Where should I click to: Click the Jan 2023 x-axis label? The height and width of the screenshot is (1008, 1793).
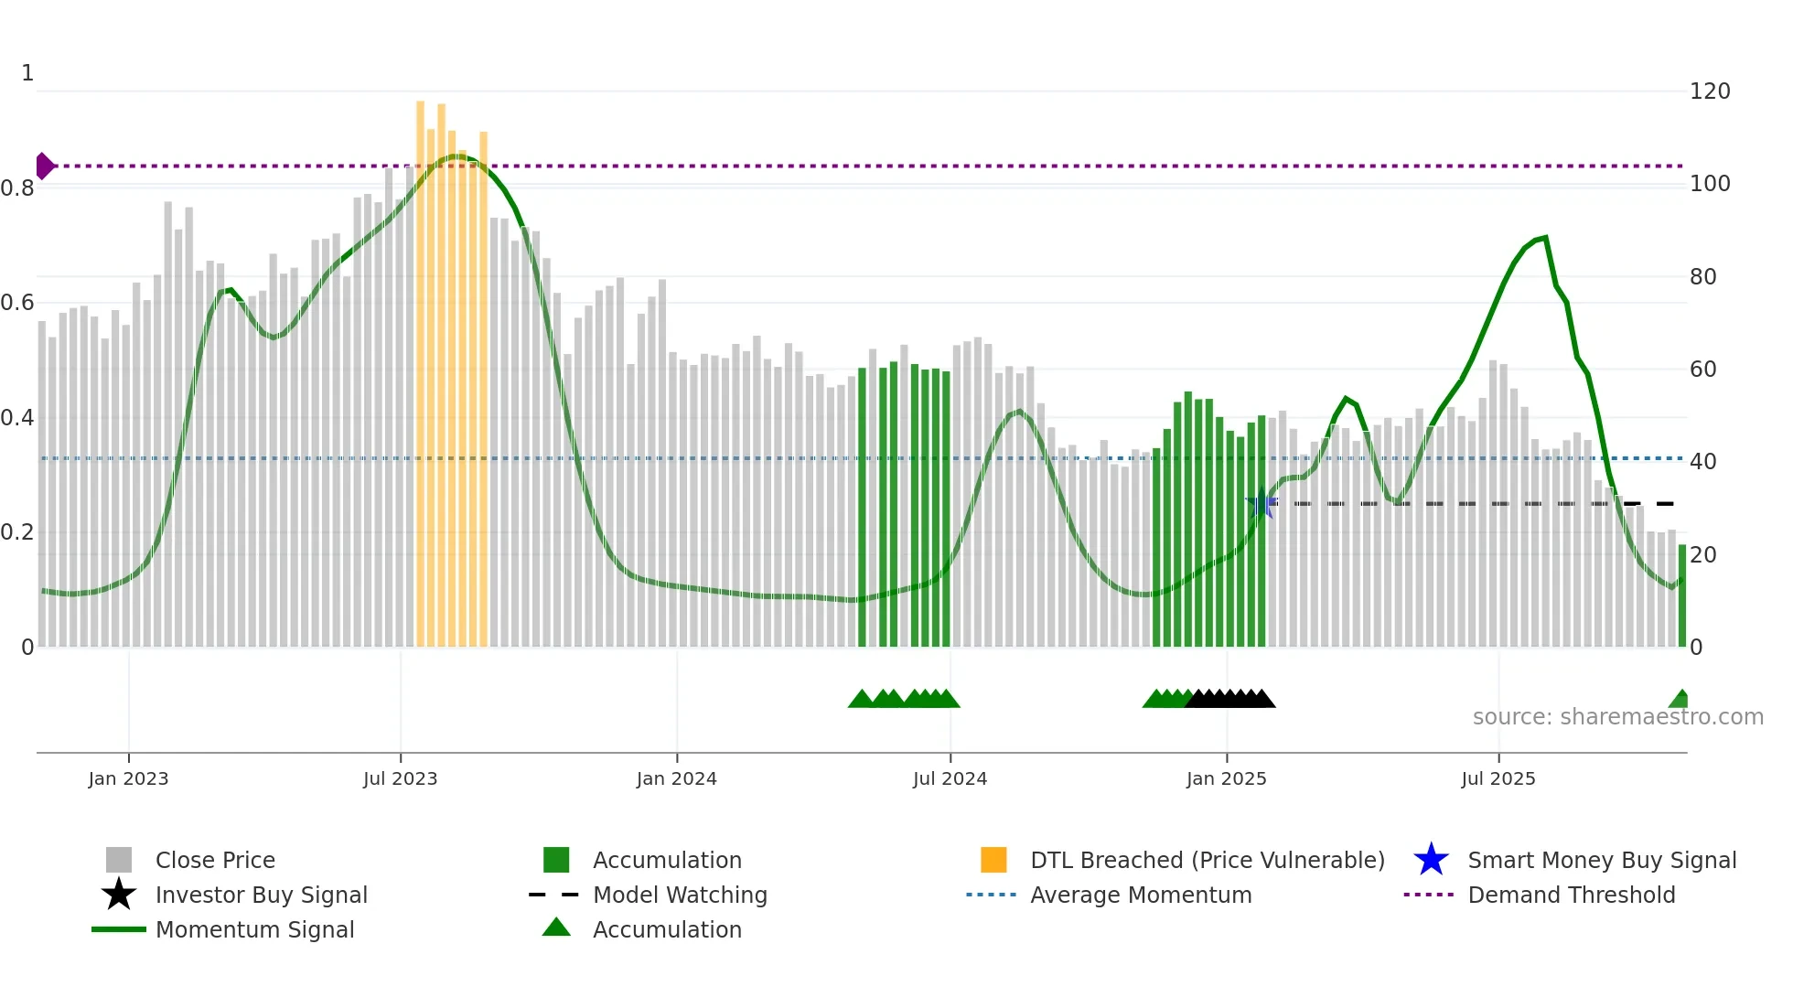pos(128,778)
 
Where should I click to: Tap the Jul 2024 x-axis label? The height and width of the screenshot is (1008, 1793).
pos(950,778)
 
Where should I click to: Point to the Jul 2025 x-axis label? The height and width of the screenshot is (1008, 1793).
pos(1498,778)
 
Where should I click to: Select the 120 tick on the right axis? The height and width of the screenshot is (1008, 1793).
pos(1709,91)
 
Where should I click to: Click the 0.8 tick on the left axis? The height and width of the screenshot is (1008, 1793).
pos(17,188)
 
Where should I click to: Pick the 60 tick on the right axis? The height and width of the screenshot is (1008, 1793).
pos(1702,370)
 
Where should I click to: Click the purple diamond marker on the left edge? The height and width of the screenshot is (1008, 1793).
pos(44,166)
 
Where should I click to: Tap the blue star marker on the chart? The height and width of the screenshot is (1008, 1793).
pos(1262,503)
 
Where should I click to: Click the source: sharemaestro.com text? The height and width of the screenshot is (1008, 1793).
pos(1617,717)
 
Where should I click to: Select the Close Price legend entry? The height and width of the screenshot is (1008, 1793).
pos(215,860)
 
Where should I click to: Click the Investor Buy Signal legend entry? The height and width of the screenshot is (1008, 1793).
pos(261,895)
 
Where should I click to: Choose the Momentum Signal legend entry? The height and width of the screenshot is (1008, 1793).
pos(254,929)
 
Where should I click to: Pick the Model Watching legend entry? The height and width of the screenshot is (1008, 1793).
pos(679,895)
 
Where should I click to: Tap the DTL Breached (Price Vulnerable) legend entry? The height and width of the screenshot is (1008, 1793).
pos(1207,860)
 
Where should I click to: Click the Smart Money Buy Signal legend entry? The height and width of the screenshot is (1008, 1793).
pos(1601,860)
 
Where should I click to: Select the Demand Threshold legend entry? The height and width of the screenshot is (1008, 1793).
pos(1571,895)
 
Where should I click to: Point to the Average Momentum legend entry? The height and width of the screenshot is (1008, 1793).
pos(1140,895)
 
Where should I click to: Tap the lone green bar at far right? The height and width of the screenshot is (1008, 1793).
pos(1681,595)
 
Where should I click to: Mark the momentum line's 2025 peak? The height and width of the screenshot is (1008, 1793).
pos(1545,238)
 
